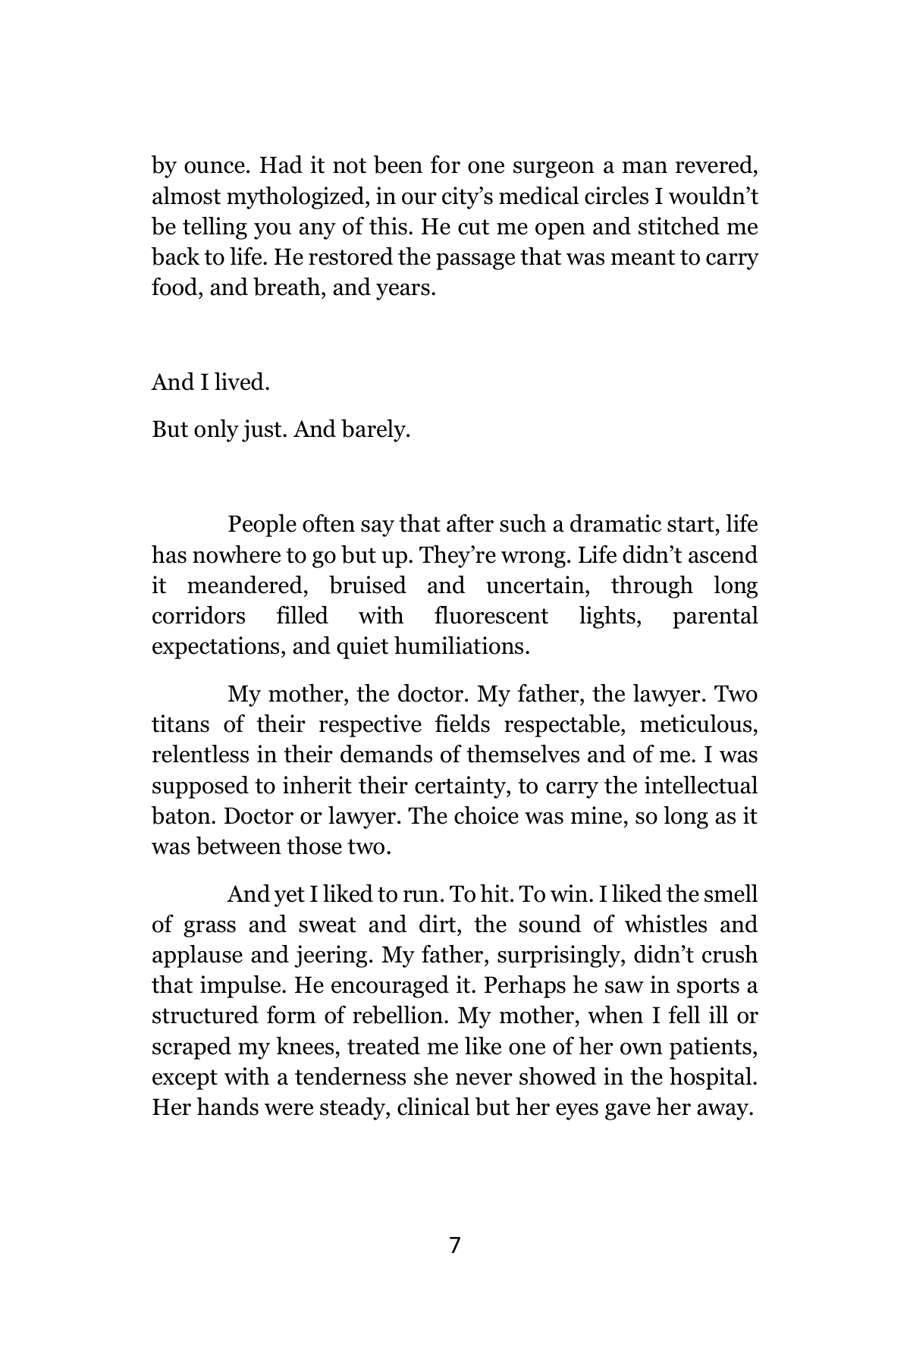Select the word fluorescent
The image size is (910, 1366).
[491, 617]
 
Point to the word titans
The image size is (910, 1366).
[180, 725]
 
